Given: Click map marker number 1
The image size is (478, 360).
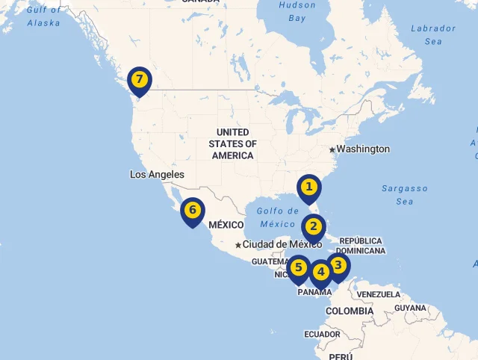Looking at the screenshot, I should tap(308, 187).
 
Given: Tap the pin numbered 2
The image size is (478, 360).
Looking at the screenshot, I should tap(313, 226).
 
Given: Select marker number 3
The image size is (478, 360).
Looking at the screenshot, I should tap(338, 265).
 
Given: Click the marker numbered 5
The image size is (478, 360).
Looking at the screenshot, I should tap(299, 267).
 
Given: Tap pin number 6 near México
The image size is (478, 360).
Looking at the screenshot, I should tap(192, 211).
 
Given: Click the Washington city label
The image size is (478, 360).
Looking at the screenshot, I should tap(363, 149).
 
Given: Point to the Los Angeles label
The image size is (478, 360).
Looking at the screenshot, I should tap(157, 174).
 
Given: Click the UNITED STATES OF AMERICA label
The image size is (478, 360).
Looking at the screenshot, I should tap(232, 143).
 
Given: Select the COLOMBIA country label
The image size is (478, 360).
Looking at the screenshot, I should tap(349, 311).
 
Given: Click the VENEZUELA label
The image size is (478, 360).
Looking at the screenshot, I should tap(379, 294).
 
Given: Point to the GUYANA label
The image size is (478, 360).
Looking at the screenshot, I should tap(410, 308).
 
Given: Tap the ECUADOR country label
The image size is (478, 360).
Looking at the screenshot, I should tap(322, 334).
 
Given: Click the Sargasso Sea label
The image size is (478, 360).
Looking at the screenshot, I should tap(405, 195).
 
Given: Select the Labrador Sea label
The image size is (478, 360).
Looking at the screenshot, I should tap(433, 34).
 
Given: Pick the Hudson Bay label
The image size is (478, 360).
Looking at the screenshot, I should tap(297, 10).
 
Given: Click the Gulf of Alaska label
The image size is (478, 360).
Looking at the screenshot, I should tap(43, 16).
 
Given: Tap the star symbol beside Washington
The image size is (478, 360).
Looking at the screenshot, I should tap(332, 149).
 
